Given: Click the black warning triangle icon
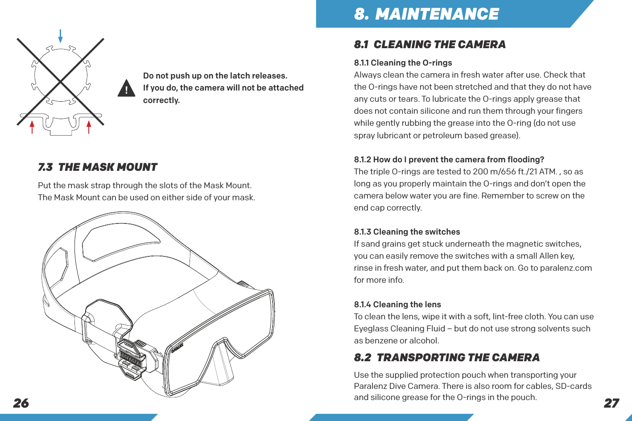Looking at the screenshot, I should pyautogui.click(x=127, y=88).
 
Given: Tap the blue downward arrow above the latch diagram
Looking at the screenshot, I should pyautogui.click(x=60, y=36).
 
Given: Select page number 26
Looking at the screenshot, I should pyautogui.click(x=21, y=403).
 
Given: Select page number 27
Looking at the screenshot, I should pyautogui.click(x=611, y=403).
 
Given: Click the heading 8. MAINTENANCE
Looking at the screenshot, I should pyautogui.click(x=426, y=14).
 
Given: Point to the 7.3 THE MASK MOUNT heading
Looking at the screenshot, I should pyautogui.click(x=97, y=167).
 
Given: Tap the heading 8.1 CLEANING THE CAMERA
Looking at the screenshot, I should pyautogui.click(x=430, y=45).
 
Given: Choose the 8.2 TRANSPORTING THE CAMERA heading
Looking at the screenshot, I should pyautogui.click(x=446, y=358).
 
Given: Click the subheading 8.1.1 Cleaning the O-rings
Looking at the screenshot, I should pyautogui.click(x=403, y=63).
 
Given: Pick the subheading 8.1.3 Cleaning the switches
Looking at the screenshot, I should pyautogui.click(x=407, y=232).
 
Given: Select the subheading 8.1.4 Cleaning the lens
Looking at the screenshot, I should pyautogui.click(x=397, y=305).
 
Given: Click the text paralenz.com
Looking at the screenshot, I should pyautogui.click(x=566, y=268).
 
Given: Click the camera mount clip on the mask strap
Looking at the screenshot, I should pyautogui.click(x=135, y=357).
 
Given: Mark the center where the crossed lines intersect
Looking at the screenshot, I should pyautogui.click(x=60, y=82).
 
